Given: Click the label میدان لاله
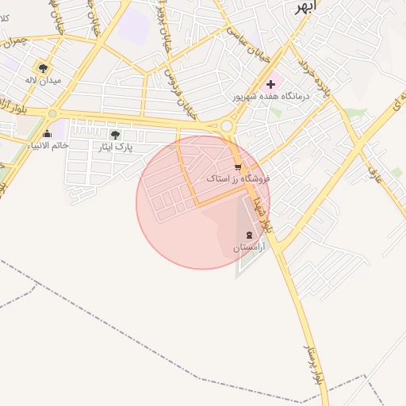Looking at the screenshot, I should [x=43, y=81].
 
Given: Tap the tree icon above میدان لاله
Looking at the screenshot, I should [x=43, y=67].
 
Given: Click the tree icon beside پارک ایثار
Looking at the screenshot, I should [x=116, y=135].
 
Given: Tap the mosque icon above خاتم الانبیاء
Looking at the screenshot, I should [x=48, y=133].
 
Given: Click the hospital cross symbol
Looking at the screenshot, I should [x=270, y=83].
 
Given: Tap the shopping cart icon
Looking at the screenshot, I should [x=238, y=167].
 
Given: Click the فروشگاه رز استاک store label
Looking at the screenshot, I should [x=238, y=179].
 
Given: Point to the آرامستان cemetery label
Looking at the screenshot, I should [x=249, y=247].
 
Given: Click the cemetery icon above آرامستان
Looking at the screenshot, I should [x=251, y=235].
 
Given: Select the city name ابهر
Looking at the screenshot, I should [x=304, y=7].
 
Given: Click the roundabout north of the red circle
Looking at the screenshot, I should [x=227, y=125].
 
